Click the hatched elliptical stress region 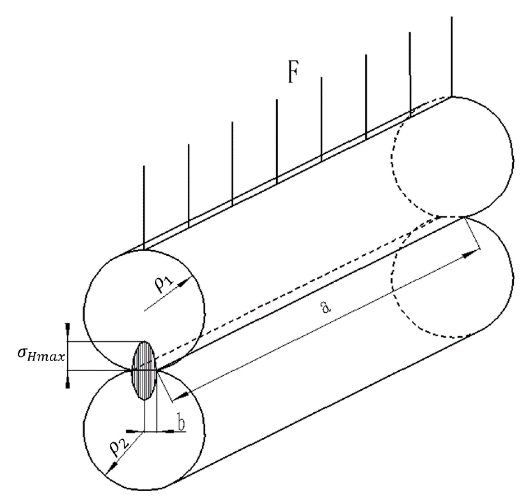(x=144, y=370)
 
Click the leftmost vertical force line (x=144, y=208)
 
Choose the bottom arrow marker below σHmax (x=68, y=383)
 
